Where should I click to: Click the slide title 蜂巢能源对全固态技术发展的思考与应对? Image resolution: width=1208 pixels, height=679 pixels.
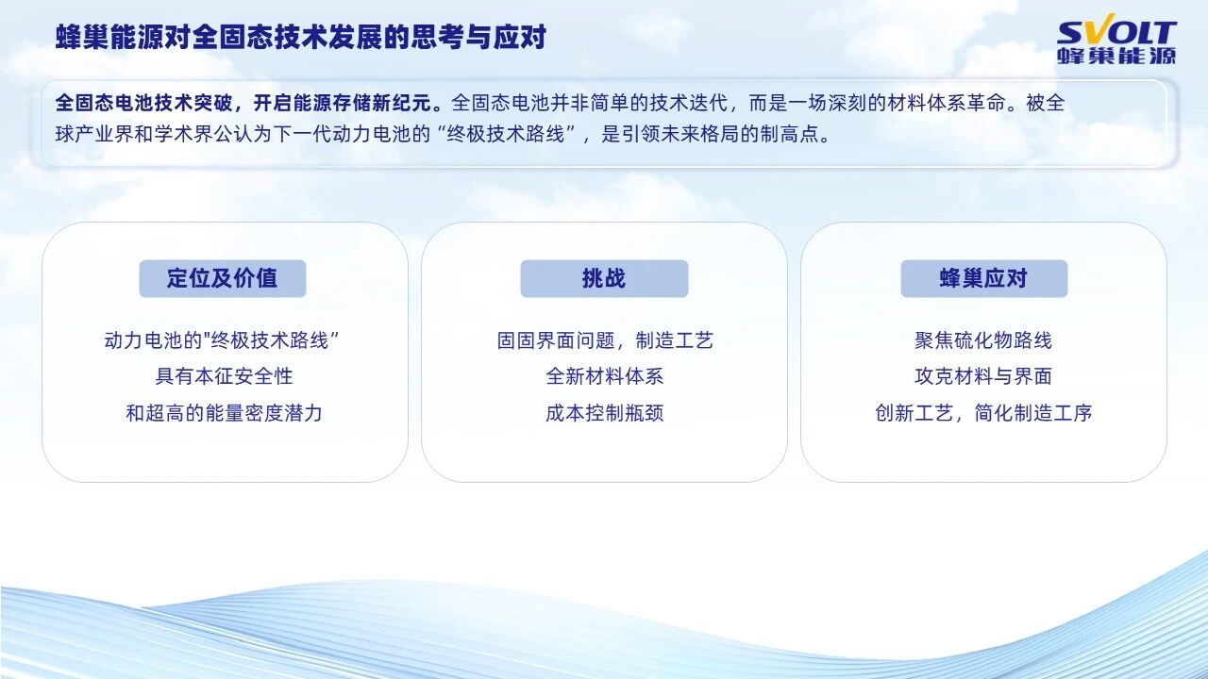click(x=300, y=38)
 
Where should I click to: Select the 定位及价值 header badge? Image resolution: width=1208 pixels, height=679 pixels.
click(x=222, y=278)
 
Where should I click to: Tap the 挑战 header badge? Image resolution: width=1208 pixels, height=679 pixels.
click(x=604, y=278)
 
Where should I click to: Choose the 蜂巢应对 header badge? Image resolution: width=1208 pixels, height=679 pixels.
click(x=983, y=278)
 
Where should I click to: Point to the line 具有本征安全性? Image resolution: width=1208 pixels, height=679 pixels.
click(x=225, y=376)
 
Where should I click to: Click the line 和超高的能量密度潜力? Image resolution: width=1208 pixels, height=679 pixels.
click(x=225, y=413)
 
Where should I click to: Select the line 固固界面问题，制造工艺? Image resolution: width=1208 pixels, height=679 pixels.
click(x=605, y=340)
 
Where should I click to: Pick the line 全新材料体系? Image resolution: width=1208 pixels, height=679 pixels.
click(x=605, y=376)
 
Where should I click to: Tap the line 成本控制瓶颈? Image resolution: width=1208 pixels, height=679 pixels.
click(x=605, y=413)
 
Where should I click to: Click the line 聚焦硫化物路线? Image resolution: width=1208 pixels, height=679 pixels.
click(x=983, y=340)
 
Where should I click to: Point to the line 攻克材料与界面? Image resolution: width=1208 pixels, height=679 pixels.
click(x=983, y=376)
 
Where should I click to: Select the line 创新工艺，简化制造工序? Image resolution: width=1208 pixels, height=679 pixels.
click(x=983, y=413)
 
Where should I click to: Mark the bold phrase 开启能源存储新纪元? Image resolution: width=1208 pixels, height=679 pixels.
click(x=346, y=103)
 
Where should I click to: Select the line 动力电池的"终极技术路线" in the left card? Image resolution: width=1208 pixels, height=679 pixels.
click(x=222, y=340)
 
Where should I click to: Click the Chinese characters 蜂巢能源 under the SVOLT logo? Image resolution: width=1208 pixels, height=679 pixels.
click(x=1116, y=56)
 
